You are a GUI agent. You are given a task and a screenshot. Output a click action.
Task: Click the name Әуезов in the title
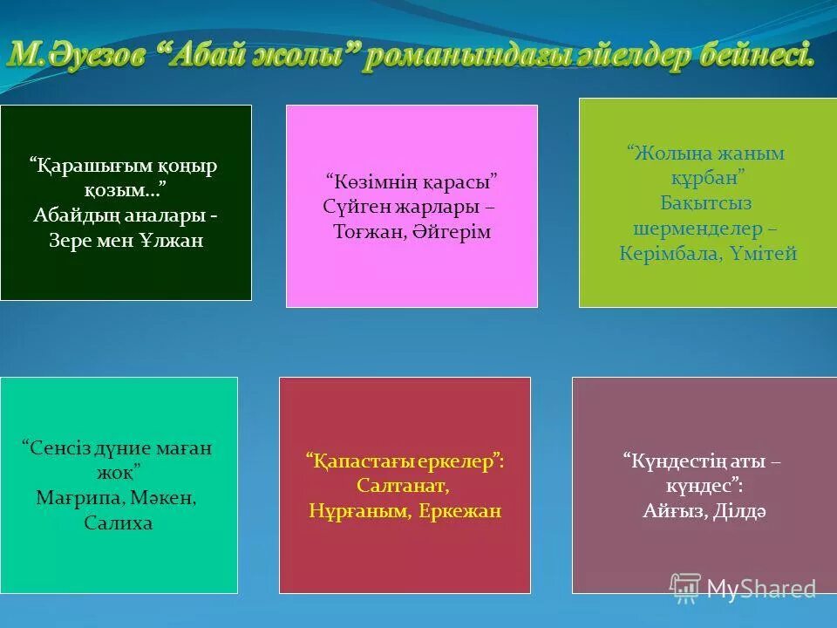(98, 54)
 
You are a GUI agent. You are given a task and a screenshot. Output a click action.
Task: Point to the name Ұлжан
(170, 241)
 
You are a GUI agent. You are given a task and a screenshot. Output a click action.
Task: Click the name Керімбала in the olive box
(666, 254)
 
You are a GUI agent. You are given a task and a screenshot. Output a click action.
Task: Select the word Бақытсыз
(705, 203)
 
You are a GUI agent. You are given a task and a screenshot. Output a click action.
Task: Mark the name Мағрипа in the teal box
(75, 498)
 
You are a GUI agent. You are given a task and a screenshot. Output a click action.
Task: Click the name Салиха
(119, 523)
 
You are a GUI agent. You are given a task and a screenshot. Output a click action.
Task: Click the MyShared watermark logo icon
(685, 587)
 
